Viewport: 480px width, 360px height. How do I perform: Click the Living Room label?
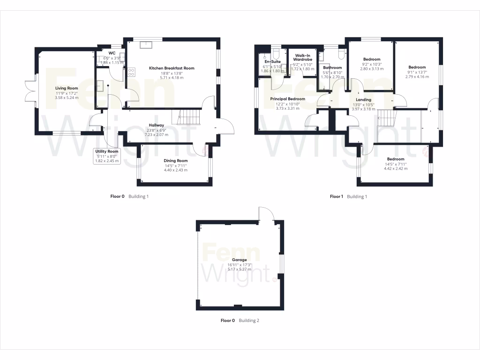[66, 88]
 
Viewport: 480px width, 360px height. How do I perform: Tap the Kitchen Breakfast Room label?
[172, 68]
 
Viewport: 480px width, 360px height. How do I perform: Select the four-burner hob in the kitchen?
[132, 72]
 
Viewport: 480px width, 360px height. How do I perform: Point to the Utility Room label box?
[107, 156]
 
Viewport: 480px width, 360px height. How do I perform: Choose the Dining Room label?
[176, 161]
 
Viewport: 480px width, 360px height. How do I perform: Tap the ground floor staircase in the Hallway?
[187, 117]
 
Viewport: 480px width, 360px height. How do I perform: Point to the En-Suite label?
[272, 61]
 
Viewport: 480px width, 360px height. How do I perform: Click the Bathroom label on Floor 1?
[332, 67]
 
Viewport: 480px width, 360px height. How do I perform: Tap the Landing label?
[363, 99]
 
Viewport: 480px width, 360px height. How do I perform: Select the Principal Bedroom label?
[287, 99]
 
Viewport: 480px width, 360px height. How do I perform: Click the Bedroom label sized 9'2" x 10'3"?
[371, 60]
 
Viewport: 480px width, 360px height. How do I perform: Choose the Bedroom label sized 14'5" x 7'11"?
[396, 159]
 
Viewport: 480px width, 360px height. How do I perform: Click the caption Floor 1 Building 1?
[348, 196]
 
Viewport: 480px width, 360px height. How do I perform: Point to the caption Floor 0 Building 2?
[240, 321]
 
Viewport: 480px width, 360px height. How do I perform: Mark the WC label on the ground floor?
[112, 53]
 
